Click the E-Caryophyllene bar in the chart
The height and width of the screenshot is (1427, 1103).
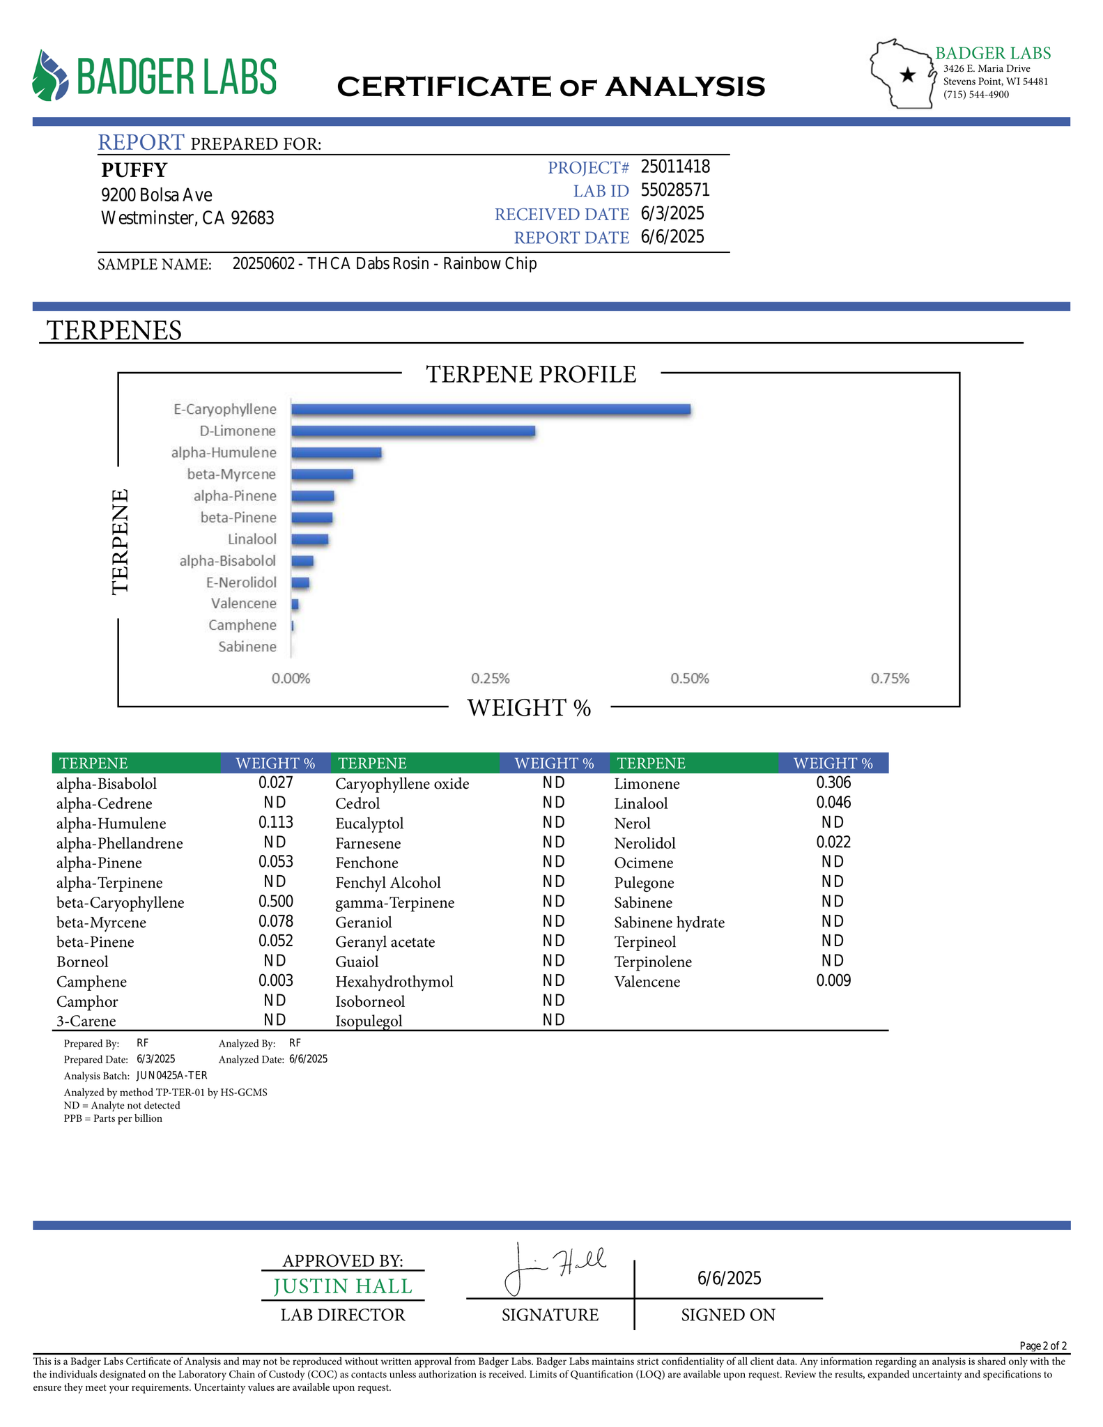[x=491, y=410]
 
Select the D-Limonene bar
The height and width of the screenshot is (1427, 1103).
[x=412, y=431]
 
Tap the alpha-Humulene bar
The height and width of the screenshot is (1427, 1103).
[x=336, y=453]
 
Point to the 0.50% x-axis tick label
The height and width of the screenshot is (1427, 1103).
[x=689, y=679]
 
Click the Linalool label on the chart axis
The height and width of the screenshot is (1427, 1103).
[x=252, y=539]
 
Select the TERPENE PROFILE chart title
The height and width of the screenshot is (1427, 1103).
[x=531, y=374]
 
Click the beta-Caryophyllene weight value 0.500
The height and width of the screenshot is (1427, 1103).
[x=275, y=902]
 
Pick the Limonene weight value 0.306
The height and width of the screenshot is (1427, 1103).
[x=833, y=782]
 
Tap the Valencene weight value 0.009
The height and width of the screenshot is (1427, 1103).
[x=833, y=981]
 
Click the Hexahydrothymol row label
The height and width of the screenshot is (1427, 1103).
[x=394, y=982]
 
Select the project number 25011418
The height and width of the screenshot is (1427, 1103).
[x=674, y=167]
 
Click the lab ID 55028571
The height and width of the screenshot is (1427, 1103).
[x=674, y=190]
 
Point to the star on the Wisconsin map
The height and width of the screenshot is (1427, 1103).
[x=907, y=75]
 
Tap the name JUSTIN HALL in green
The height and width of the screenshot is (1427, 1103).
[x=343, y=1286]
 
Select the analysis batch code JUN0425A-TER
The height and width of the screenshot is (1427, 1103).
[x=171, y=1075]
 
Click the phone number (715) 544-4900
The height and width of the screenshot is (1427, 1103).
[x=975, y=94]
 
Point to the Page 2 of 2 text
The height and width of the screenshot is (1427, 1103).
[x=1042, y=1345]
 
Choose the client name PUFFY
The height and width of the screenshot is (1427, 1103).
[x=134, y=170]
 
